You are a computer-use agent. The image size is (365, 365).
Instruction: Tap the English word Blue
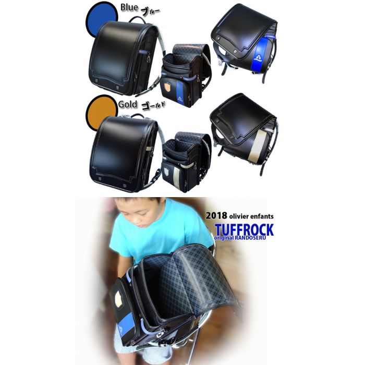pos(129,7)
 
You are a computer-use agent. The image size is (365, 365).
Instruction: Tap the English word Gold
pos(128,104)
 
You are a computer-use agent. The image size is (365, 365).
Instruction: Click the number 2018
pos(216,215)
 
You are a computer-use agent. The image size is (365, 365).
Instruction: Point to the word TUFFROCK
pos(244,230)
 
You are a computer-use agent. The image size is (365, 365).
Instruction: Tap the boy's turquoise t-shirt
pos(159,235)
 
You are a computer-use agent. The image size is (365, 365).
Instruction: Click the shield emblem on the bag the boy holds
pos(119,298)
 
